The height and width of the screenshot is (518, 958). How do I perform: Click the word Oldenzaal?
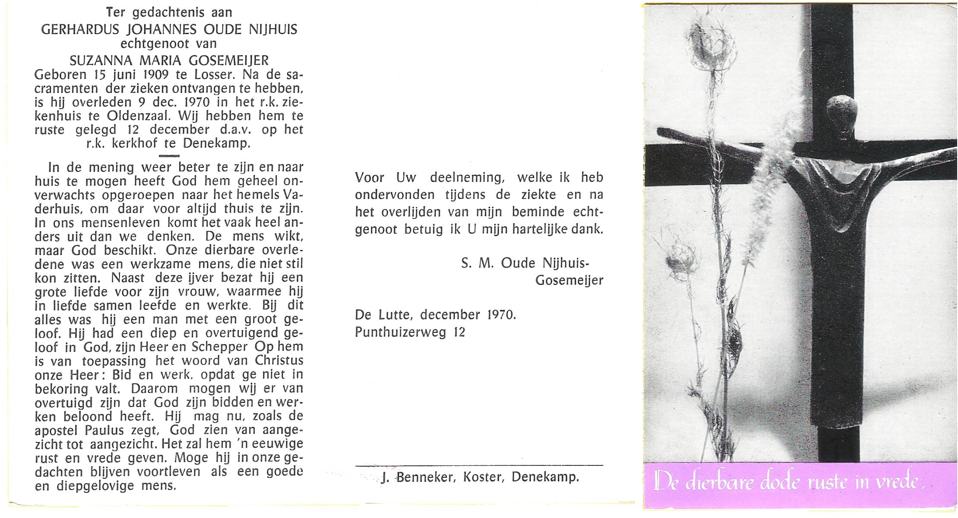click(x=143, y=116)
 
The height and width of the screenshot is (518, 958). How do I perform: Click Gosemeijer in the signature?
click(x=569, y=281)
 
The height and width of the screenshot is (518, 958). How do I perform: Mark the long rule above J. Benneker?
click(x=479, y=465)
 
